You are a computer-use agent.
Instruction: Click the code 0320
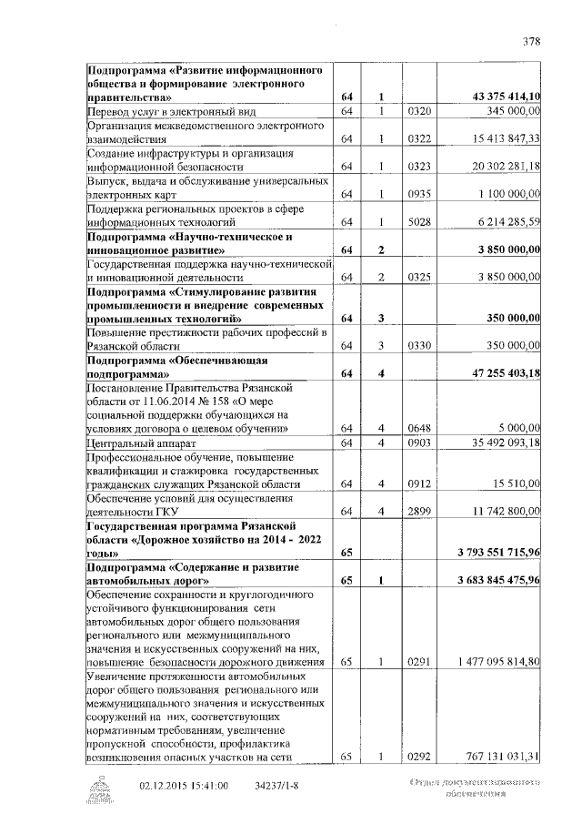pos(418,111)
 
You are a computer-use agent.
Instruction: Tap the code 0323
pos(418,167)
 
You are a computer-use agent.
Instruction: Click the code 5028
pos(418,221)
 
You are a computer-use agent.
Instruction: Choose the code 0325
pos(418,277)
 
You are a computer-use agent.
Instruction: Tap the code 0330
pos(418,346)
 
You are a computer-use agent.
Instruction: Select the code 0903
pos(418,443)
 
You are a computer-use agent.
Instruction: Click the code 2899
pos(418,512)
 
